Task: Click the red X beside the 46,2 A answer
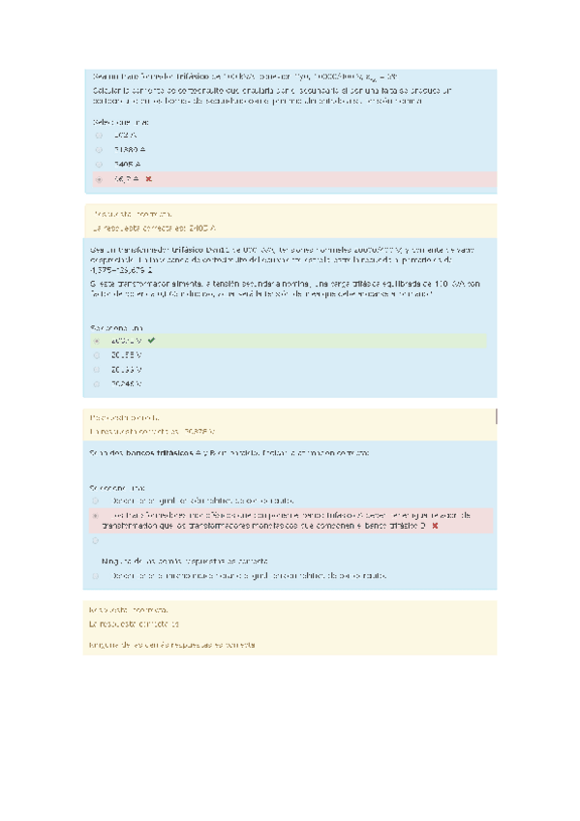[148, 180]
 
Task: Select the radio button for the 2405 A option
[98, 166]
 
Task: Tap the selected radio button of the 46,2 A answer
[98, 180]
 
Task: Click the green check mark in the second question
[151, 341]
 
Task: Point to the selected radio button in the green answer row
[97, 341]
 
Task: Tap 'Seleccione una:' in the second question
[116, 327]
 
